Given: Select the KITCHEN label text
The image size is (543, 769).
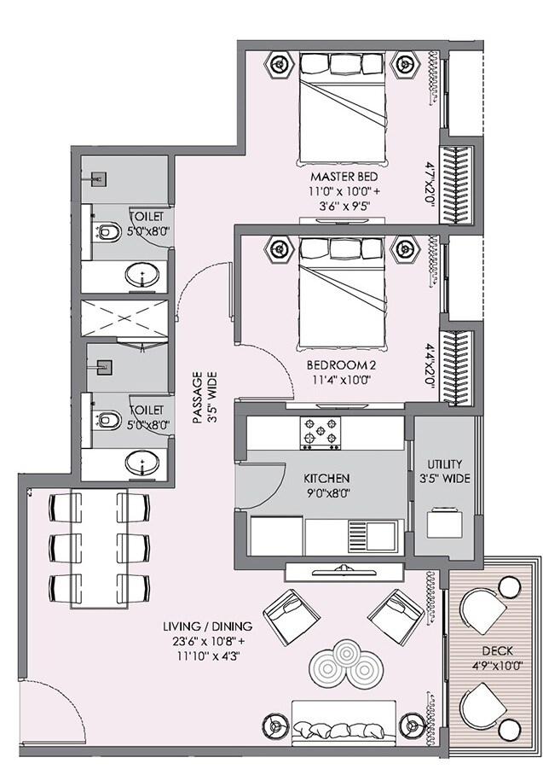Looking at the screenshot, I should point(327,479).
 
